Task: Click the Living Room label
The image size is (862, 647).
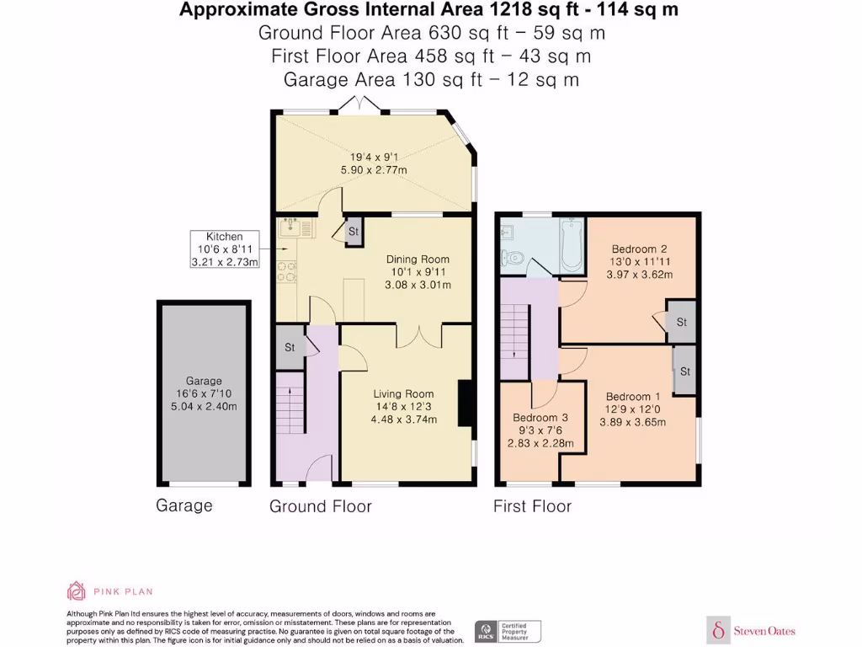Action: (404, 393)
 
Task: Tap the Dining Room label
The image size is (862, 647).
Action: (418, 259)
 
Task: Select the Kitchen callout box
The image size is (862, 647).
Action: (224, 249)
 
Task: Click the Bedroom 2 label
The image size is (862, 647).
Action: (639, 249)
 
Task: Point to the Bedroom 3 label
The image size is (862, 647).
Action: (540, 418)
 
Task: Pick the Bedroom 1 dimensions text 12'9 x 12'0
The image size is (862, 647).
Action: (632, 409)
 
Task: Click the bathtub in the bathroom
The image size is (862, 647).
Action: (572, 245)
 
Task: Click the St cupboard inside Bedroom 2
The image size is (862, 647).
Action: (681, 322)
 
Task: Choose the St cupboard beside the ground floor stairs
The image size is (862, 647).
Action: (290, 347)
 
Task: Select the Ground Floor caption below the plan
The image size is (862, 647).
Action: (320, 505)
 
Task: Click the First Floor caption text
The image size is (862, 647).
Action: (532, 505)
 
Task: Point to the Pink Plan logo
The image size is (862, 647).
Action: (109, 591)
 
